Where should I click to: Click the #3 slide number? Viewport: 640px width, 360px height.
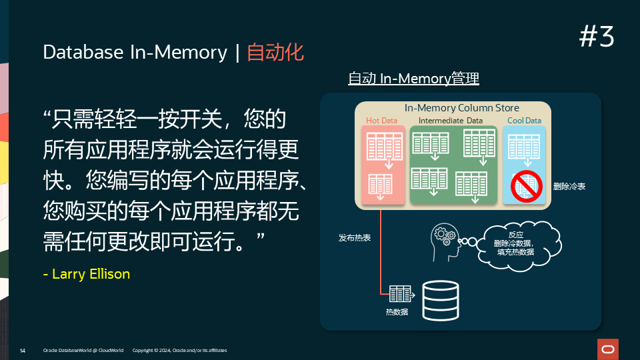pyautogui.click(x=597, y=37)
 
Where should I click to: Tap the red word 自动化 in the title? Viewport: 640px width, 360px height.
pyautogui.click(x=275, y=53)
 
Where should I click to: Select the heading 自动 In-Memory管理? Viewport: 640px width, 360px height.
pyautogui.click(x=413, y=79)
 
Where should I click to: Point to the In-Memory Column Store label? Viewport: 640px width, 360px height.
pyautogui.click(x=461, y=108)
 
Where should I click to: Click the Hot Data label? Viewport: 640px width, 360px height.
pyautogui.click(x=381, y=121)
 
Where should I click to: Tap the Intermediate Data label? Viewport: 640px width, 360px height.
pyautogui.click(x=450, y=121)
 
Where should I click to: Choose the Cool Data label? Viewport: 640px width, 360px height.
pyautogui.click(x=524, y=121)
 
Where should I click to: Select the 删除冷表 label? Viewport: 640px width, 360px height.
pyautogui.click(x=569, y=187)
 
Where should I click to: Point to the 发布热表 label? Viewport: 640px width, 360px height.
pyautogui.click(x=355, y=237)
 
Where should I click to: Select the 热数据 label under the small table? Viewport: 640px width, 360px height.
pyautogui.click(x=397, y=312)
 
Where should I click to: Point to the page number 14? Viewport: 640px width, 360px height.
pyautogui.click(x=23, y=350)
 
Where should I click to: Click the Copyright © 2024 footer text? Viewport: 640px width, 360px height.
pyautogui.click(x=180, y=350)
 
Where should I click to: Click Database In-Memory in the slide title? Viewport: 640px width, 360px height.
pyautogui.click(x=135, y=53)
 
